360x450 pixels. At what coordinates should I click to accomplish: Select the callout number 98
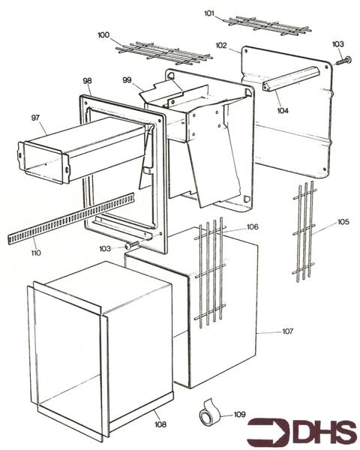click(x=88, y=80)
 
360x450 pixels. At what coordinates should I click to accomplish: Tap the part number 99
click(x=127, y=80)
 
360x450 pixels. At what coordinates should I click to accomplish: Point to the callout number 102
click(x=221, y=45)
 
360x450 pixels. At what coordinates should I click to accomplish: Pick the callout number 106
click(x=252, y=226)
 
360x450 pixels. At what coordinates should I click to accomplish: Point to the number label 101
click(x=209, y=13)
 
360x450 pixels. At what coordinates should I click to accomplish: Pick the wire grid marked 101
click(x=268, y=25)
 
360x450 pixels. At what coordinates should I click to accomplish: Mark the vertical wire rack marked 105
click(x=303, y=232)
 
